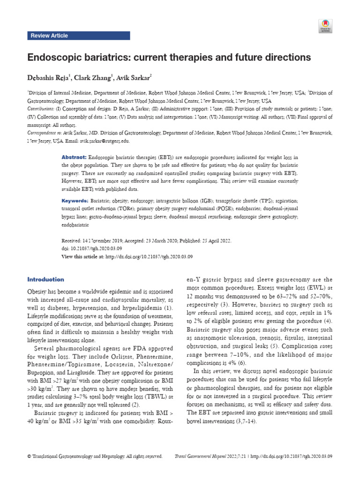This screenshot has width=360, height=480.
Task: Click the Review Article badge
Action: (49, 36)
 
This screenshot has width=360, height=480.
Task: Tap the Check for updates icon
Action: (325, 26)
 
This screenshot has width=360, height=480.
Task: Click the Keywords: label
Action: (75, 201)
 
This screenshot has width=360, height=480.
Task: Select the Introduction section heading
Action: (46, 279)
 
